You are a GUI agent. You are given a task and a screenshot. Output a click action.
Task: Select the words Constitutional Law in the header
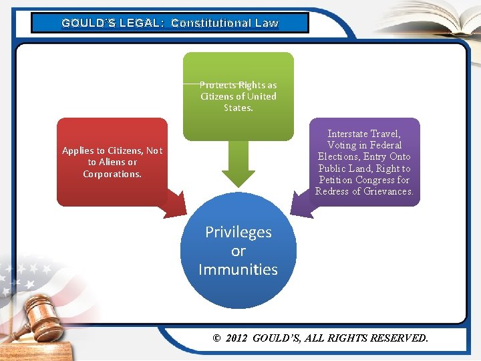coord(224,23)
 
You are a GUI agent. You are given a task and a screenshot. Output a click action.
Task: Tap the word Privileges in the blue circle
coord(238,232)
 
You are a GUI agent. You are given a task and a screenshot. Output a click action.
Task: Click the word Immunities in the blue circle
coord(238,269)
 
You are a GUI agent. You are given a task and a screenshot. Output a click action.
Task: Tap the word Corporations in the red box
coord(111,174)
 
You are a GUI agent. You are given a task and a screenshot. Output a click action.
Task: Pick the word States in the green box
coord(238,108)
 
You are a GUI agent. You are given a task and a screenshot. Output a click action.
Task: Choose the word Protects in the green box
coord(218,85)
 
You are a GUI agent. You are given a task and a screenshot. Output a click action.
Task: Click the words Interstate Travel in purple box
coord(364,134)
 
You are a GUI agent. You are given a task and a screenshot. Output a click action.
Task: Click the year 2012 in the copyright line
coord(236,338)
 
